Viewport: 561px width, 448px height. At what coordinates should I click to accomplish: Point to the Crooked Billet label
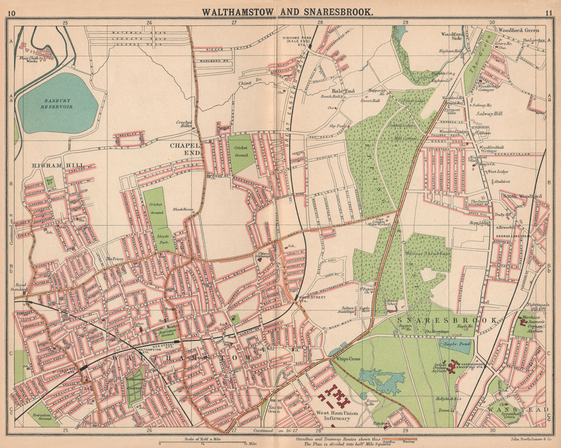(x=184, y=124)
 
